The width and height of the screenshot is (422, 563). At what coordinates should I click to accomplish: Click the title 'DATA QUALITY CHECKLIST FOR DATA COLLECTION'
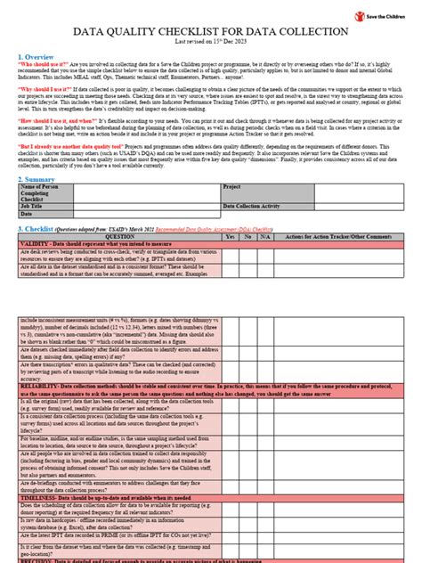(x=210, y=31)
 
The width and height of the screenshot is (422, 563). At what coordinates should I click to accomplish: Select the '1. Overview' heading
(x=41, y=56)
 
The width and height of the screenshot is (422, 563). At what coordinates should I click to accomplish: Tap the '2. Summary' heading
(x=41, y=179)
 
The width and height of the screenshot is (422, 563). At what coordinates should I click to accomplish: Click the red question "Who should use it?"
(x=45, y=65)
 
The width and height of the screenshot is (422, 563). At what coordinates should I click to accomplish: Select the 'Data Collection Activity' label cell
(x=259, y=206)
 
